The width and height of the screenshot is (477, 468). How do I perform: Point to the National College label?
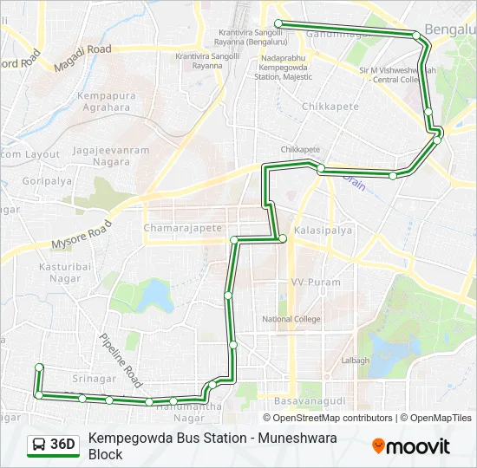291,319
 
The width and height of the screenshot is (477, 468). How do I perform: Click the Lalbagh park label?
355,360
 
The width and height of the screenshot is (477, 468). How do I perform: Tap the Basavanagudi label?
303,403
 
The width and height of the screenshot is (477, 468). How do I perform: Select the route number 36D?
62,445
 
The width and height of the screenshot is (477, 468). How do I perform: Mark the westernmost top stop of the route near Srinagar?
39,367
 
